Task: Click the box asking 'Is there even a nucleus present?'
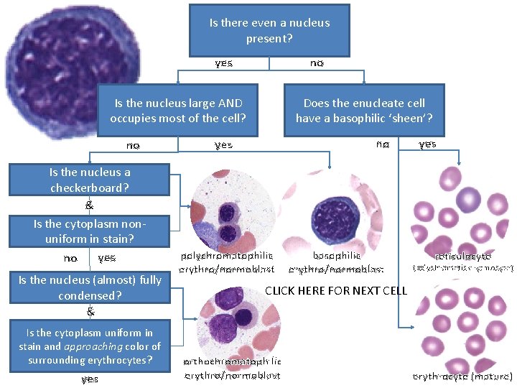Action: [x=269, y=30]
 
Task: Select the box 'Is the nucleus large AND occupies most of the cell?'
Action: [x=178, y=111]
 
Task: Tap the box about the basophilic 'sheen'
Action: [x=364, y=111]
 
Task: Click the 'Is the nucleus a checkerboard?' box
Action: [x=89, y=180]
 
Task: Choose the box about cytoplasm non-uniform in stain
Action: [x=89, y=231]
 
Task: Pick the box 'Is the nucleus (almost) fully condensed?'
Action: [x=89, y=287]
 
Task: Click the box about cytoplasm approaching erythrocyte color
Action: [x=89, y=346]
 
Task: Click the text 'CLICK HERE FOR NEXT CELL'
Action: [x=336, y=291]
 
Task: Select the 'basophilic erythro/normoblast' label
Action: [x=336, y=262]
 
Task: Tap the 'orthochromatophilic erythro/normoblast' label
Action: [x=233, y=368]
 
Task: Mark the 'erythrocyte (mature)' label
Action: [x=462, y=376]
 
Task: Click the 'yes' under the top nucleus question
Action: [x=223, y=63]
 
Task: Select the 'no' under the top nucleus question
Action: [x=317, y=63]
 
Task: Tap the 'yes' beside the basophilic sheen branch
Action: [x=427, y=144]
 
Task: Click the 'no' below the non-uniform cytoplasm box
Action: [x=70, y=257]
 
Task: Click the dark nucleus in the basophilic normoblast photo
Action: [x=332, y=214]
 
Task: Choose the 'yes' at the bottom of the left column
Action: [x=90, y=379]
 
